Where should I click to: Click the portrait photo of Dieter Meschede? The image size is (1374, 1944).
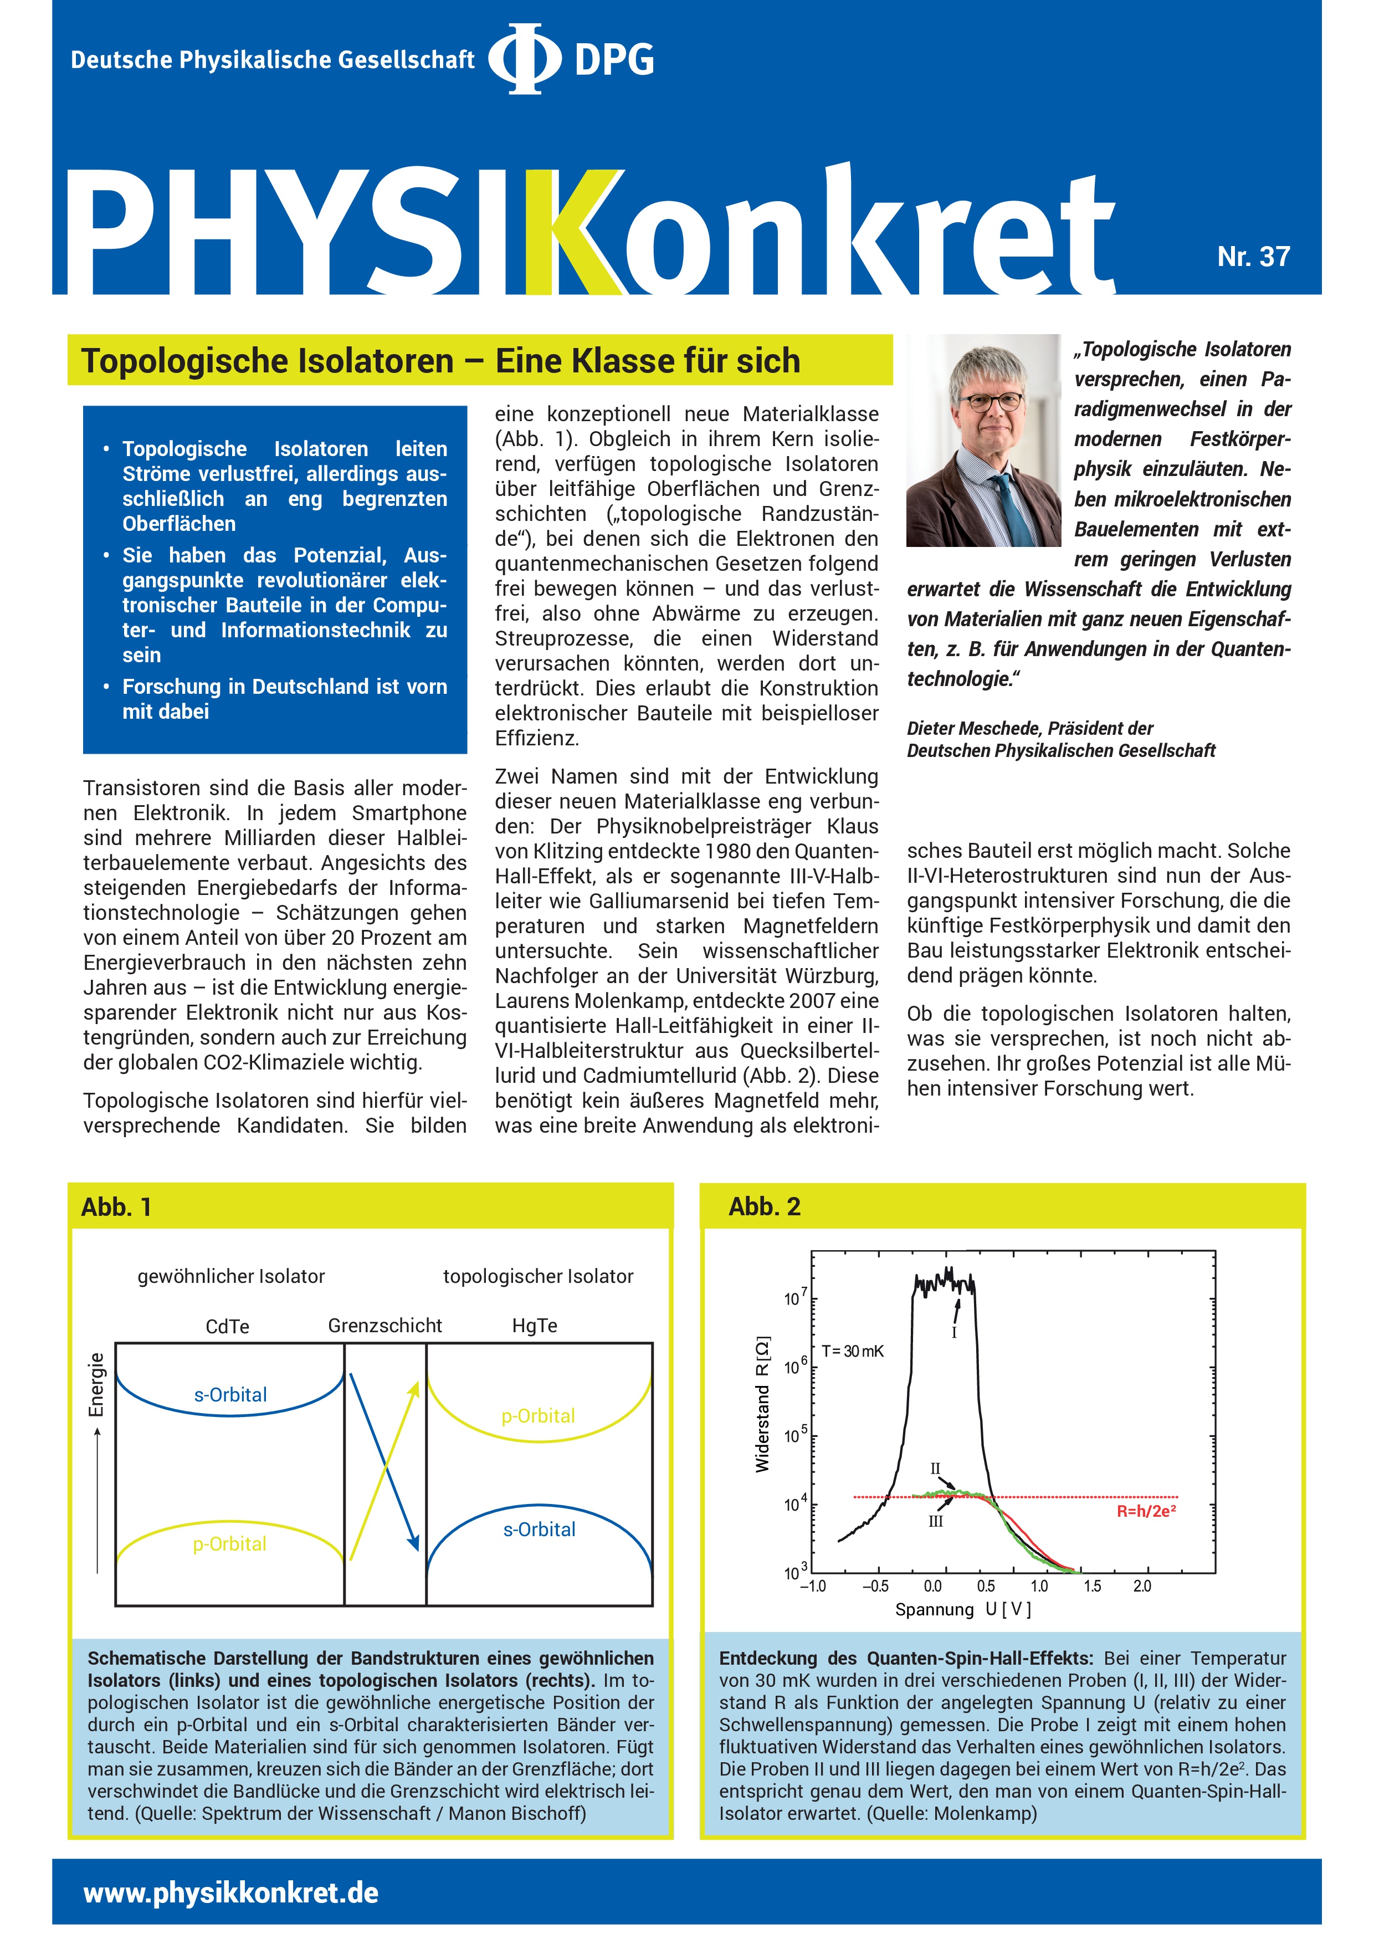click(983, 440)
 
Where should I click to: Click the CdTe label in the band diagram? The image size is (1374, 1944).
click(227, 1326)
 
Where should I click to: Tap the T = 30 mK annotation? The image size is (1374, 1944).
click(853, 1351)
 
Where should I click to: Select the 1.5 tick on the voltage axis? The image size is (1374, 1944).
click(1092, 1587)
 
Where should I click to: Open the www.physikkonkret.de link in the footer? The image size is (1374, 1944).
click(231, 1892)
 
